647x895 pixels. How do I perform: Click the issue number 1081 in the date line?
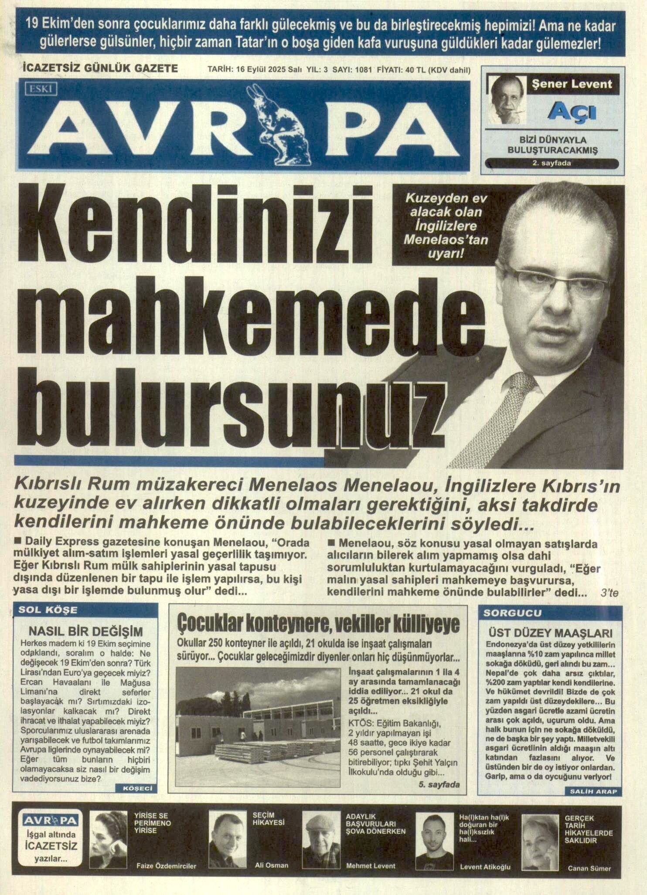tap(363, 70)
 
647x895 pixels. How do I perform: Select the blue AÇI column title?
tap(576, 113)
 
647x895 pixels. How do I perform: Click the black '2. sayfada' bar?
tap(552, 164)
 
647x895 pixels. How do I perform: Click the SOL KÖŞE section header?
tap(48, 610)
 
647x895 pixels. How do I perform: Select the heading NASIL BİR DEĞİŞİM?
tap(85, 631)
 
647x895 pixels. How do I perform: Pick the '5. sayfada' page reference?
tap(439, 784)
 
